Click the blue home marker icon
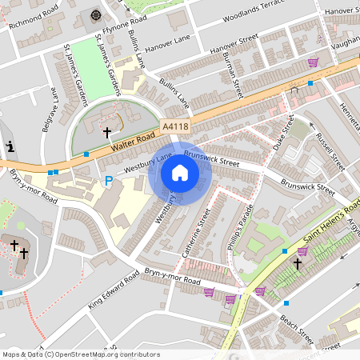(x=180, y=173)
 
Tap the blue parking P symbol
(x=109, y=182)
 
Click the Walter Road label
(x=131, y=141)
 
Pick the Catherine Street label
(x=195, y=233)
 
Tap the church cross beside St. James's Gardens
(x=107, y=131)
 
